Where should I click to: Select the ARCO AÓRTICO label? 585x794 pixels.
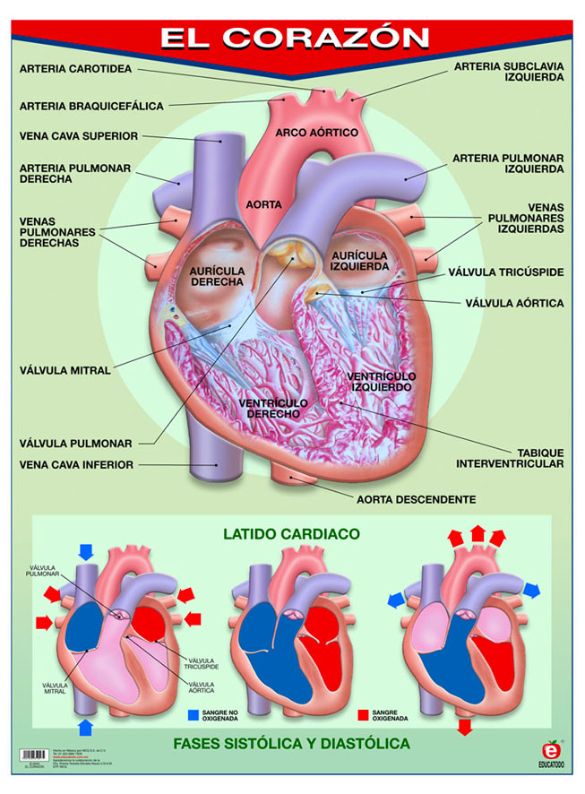pos(316,133)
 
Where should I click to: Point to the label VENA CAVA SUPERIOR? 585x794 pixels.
pos(79,136)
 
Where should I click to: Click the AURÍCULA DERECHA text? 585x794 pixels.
pos(217,275)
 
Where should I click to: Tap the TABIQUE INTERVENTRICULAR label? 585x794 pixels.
pos(510,457)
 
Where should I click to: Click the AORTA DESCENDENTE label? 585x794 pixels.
pos(416,499)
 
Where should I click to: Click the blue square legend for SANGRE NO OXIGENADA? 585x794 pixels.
pos(193,715)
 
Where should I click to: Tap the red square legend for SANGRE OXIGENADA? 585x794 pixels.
pos(363,715)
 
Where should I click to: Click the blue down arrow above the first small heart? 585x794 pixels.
pos(86,549)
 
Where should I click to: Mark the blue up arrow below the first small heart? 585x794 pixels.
pos(86,724)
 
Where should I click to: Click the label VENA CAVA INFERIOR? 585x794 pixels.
pos(77,464)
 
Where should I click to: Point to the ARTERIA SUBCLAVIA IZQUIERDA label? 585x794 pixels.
pos(508,72)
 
